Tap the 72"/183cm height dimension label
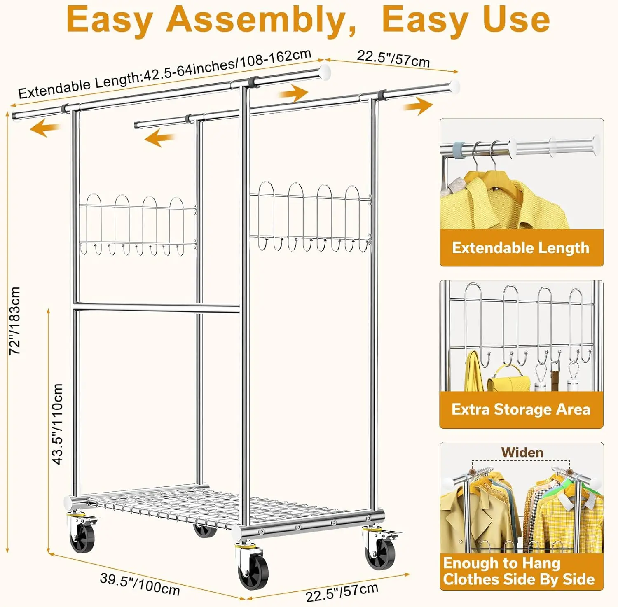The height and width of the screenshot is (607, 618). [15, 321]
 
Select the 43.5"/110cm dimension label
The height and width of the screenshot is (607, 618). [58, 424]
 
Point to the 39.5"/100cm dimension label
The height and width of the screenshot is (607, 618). [140, 584]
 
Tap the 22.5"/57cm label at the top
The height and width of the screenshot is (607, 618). [393, 58]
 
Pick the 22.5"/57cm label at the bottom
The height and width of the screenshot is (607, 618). [342, 592]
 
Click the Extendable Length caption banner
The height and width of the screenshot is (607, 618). [521, 248]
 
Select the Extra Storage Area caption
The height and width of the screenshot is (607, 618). [521, 409]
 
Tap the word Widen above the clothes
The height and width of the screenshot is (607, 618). [522, 452]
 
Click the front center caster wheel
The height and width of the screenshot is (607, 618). [253, 570]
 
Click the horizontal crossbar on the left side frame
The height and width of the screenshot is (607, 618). [157, 307]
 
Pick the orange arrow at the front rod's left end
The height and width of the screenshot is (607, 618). [45, 128]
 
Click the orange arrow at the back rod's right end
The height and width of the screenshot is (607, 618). [418, 106]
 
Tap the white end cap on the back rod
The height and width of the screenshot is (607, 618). [454, 86]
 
